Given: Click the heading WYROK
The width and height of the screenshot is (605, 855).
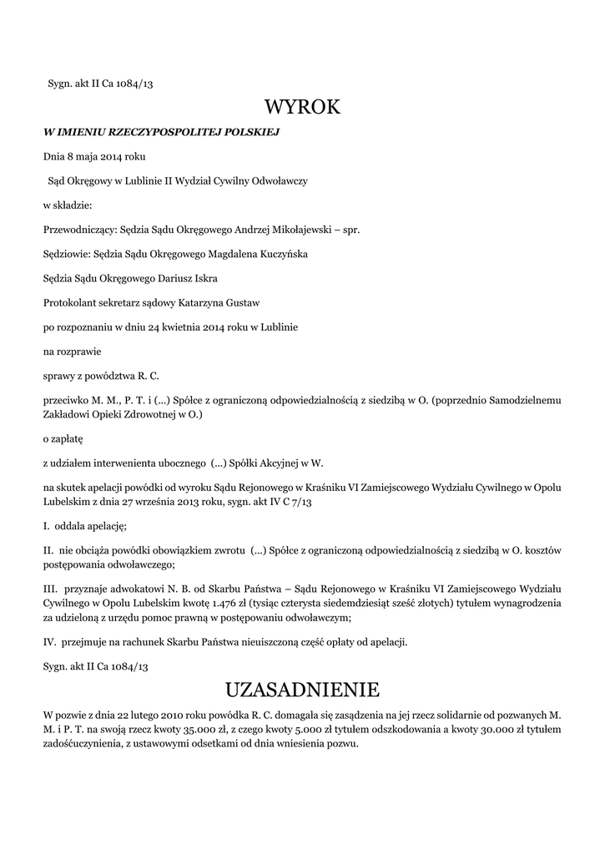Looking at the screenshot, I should (x=302, y=107).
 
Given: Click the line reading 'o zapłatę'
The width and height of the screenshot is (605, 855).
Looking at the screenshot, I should (x=63, y=437).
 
